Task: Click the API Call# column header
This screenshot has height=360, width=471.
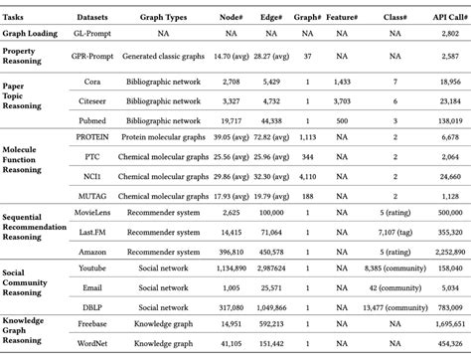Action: point(442,18)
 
